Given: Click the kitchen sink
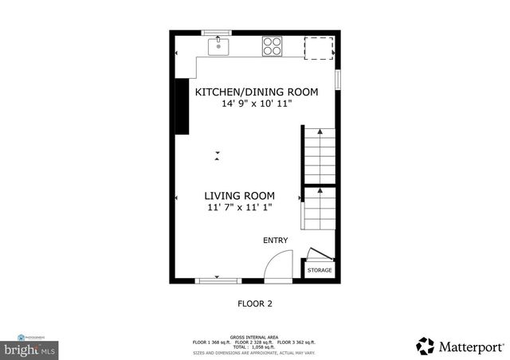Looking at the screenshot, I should point(218,47).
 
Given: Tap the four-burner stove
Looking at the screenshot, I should point(273,47).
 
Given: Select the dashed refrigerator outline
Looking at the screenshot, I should point(318,47).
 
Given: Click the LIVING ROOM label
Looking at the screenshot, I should point(239,196).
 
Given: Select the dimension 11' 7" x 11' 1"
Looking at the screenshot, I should point(239,208).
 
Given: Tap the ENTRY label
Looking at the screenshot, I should point(275,241).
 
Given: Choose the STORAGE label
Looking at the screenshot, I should point(320,271).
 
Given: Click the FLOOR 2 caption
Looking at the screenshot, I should point(256,303).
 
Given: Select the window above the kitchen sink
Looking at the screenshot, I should point(217,33).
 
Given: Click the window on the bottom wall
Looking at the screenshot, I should point(218,280).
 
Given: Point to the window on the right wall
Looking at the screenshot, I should point(339,80).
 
